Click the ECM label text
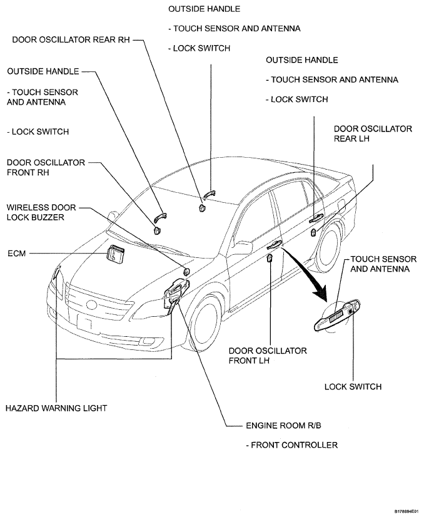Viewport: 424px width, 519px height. tap(16, 254)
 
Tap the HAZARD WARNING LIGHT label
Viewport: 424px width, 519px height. tap(56, 408)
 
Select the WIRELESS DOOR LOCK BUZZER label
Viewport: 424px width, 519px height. tap(41, 212)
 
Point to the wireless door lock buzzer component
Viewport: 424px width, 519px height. tap(187, 272)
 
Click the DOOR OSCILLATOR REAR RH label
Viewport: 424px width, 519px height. tap(71, 39)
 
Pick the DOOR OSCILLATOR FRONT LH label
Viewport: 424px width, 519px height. tap(268, 356)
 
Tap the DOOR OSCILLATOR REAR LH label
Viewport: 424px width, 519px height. tap(373, 134)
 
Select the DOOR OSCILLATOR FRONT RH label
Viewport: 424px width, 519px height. tap(46, 168)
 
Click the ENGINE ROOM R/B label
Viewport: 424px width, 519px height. tap(283, 425)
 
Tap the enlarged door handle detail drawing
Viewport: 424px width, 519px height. tap(336, 316)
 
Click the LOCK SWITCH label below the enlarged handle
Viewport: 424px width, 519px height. tap(353, 387)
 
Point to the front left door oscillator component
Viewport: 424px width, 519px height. tap(270, 258)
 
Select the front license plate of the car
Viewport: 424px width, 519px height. tap(85, 322)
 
